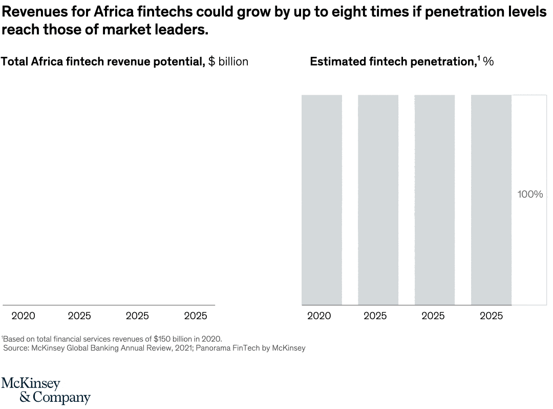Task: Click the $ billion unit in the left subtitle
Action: click(228, 62)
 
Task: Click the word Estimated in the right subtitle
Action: click(337, 62)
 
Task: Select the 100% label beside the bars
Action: click(530, 195)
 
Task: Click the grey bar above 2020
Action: click(322, 200)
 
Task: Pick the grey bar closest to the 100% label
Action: click(491, 200)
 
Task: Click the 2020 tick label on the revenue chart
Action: click(23, 316)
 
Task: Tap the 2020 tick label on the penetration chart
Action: click(319, 316)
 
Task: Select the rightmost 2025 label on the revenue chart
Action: click(196, 316)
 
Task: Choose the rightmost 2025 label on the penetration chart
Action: click(491, 316)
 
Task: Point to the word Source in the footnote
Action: click(15, 348)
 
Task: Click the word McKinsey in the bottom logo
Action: click(31, 383)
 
